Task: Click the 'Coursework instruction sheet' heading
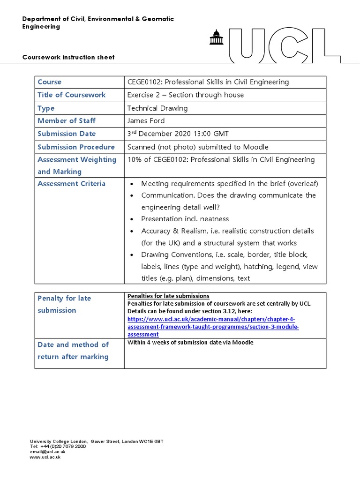pos(68,57)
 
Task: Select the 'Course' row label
pos(49,82)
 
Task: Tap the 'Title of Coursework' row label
pos(71,95)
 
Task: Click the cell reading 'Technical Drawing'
pos(157,108)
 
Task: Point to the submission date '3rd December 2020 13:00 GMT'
pos(178,134)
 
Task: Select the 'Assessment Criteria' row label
pos(71,184)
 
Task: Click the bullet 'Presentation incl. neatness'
pos(185,219)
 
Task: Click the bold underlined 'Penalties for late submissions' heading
pos(168,296)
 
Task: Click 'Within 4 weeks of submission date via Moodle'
pos(190,343)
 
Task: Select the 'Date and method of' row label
pos(73,345)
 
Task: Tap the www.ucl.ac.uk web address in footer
pos(45,457)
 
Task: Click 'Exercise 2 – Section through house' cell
pos(186,95)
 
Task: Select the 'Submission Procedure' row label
pos(76,147)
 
